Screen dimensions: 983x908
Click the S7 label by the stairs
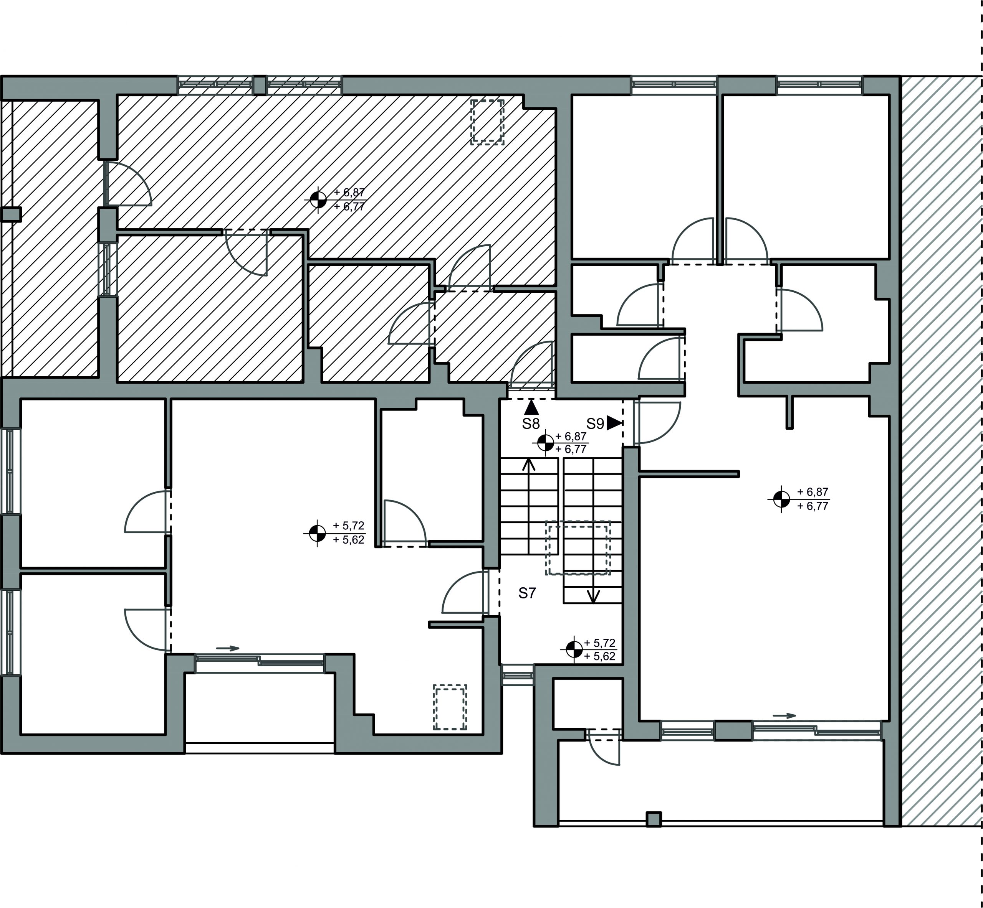[527, 593]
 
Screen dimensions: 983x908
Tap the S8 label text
[531, 424]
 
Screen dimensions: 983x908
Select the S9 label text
[595, 424]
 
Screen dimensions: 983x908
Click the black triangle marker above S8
[531, 407]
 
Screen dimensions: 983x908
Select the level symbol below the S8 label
[545, 443]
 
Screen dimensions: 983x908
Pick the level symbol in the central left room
[318, 532]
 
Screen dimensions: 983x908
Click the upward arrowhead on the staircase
[529, 464]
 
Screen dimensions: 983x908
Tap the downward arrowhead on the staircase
[594, 597]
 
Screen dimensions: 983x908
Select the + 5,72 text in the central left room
[349, 526]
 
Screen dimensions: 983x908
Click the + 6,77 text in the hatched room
[349, 206]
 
